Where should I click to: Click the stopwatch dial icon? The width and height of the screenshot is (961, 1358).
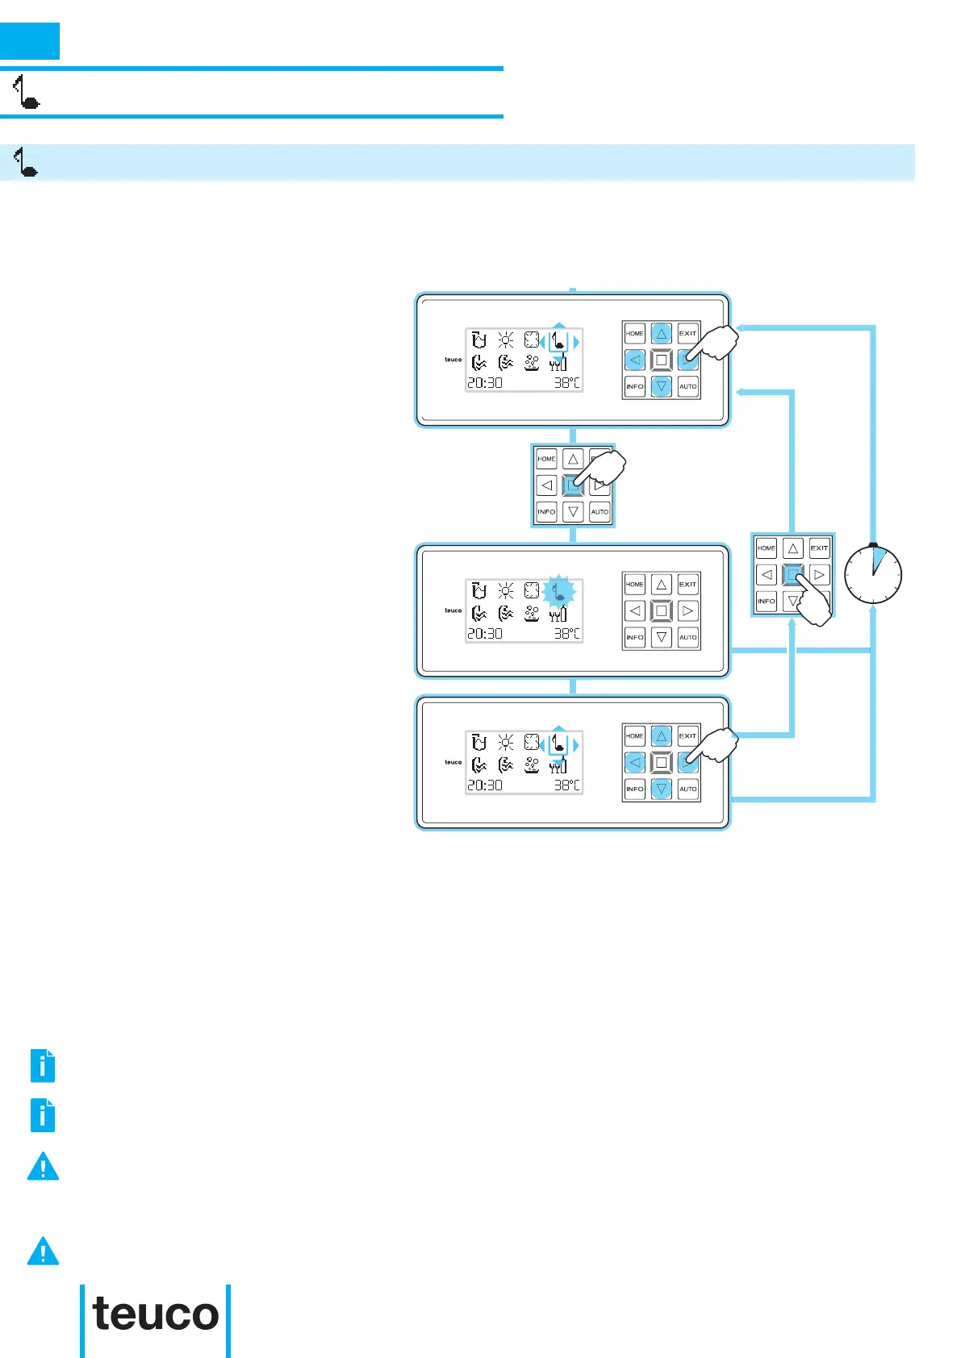pos(872,574)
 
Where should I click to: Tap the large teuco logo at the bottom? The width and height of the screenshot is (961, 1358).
pos(156,1314)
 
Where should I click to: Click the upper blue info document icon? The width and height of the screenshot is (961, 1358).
pos(43,1065)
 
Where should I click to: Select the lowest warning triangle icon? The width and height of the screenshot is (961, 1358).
pos(43,1252)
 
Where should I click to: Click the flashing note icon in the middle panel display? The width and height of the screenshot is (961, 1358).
pos(558,592)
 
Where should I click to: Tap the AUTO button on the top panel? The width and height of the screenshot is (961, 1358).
pos(687,387)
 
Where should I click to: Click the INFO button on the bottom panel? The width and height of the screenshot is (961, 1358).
pos(635,789)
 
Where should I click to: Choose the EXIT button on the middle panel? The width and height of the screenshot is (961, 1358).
pos(687,584)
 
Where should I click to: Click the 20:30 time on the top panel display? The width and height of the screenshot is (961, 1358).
pos(485,383)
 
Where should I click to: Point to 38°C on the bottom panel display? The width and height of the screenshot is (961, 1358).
pos(566,785)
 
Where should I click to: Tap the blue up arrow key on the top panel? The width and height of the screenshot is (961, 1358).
pos(661,333)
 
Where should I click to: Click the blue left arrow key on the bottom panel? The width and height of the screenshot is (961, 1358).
pos(635,762)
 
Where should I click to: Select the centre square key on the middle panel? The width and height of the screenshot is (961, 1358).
pos(661,610)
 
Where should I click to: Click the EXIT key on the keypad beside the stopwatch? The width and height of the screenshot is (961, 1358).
pos(819,548)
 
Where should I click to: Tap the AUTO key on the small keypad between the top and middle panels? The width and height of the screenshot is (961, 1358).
pos(600,512)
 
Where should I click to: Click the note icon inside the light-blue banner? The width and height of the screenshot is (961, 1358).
pos(26,162)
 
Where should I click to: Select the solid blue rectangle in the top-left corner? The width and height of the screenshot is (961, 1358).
pos(30,41)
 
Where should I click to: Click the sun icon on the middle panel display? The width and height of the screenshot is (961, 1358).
pos(506,590)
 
